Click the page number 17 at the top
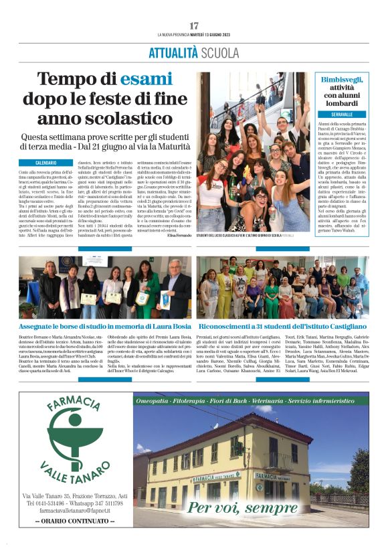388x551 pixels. pyautogui.click(x=194, y=25)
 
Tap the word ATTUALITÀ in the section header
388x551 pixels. pyautogui.click(x=173, y=53)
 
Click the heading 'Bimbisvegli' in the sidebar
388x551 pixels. pyautogui.click(x=341, y=79)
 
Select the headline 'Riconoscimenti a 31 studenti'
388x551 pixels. pyautogui.click(x=284, y=327)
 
